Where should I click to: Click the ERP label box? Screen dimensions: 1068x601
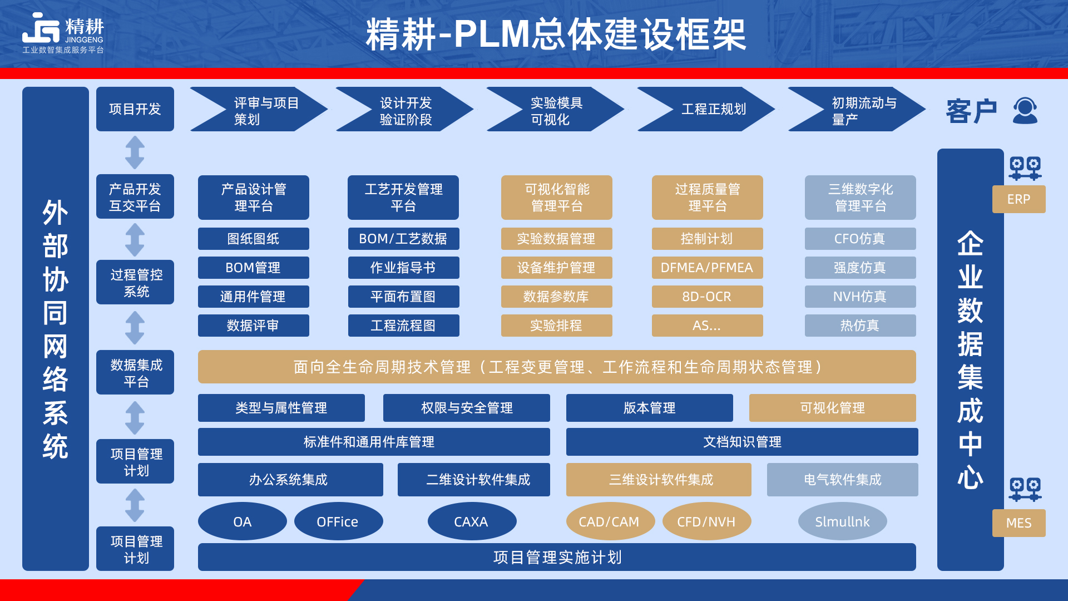(x=1018, y=199)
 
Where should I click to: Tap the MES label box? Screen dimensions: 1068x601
(x=1018, y=523)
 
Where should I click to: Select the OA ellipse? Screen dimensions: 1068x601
(x=243, y=521)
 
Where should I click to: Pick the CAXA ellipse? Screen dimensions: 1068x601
(x=472, y=521)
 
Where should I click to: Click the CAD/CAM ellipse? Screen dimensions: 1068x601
(x=610, y=521)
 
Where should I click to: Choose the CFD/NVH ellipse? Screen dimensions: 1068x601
(x=706, y=521)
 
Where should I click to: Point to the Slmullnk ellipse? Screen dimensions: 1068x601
(x=842, y=521)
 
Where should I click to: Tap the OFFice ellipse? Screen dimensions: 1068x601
(x=338, y=521)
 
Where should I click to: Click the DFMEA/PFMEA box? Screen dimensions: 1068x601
(x=707, y=268)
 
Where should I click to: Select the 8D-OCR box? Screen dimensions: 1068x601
(x=707, y=297)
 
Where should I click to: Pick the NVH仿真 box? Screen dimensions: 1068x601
(x=860, y=297)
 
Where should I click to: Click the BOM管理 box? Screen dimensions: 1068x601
(x=253, y=268)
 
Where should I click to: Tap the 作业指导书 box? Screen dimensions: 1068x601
(x=403, y=268)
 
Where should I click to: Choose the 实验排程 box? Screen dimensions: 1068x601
(x=556, y=326)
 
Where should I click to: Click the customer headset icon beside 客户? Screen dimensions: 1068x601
(x=1025, y=110)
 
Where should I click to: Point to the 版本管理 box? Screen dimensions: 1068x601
(x=649, y=408)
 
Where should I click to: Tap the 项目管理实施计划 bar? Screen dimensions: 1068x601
(x=557, y=557)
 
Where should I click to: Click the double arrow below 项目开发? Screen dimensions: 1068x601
(x=135, y=152)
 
